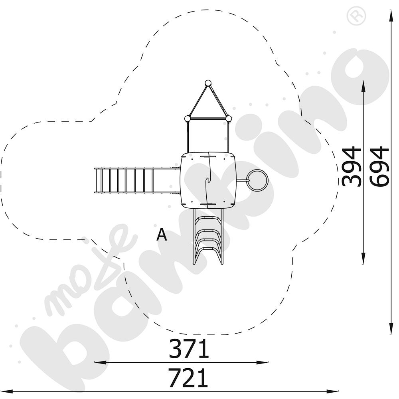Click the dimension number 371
pyautogui.click(x=189, y=349)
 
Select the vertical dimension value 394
pyautogui.click(x=352, y=166)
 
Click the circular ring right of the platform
pyautogui.click(x=258, y=180)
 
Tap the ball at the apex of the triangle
pyautogui.click(x=208, y=83)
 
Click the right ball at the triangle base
pyautogui.click(x=229, y=119)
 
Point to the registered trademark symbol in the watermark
pyautogui.click(x=356, y=16)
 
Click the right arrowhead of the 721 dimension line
pyautogui.click(x=332, y=391)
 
